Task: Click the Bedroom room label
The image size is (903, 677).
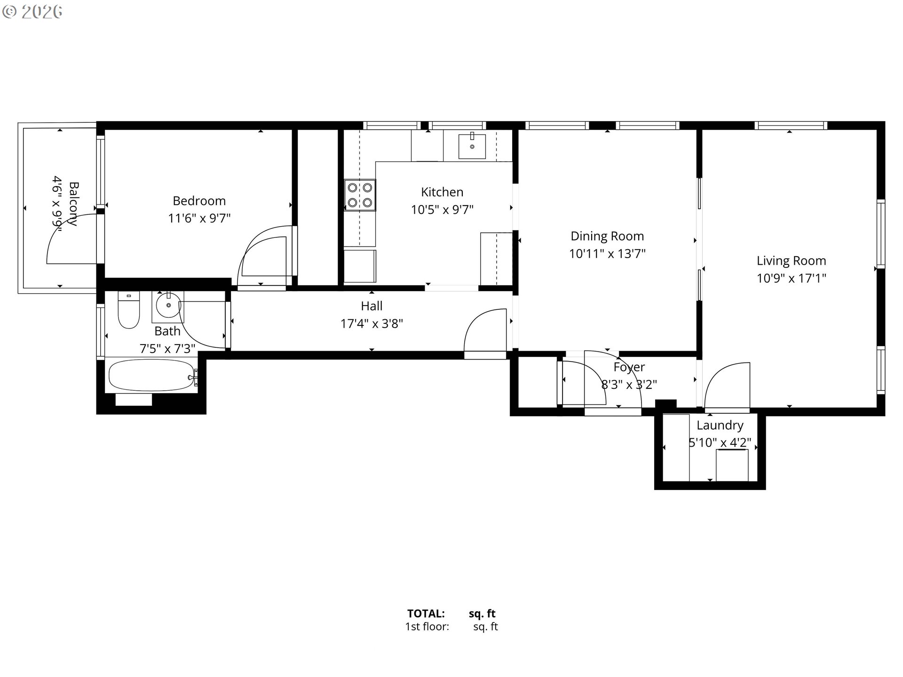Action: pos(199,201)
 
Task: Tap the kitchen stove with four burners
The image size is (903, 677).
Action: pos(360,195)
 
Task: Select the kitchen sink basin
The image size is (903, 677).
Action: pos(472,146)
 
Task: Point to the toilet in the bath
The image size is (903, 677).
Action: pos(128,311)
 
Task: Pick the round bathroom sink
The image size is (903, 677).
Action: pos(168,305)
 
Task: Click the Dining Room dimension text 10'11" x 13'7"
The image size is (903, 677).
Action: pos(607,254)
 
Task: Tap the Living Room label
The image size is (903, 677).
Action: pos(791,260)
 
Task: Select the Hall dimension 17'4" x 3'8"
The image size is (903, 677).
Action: pos(372,323)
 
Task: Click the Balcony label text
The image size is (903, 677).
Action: pos(73,204)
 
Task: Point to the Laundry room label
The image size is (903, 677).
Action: pos(720,425)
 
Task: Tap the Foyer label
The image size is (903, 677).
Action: pos(629,367)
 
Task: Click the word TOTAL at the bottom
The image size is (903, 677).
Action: pos(426,614)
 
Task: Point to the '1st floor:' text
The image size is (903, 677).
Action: pos(427,627)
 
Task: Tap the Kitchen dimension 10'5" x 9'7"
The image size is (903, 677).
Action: pos(442,210)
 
